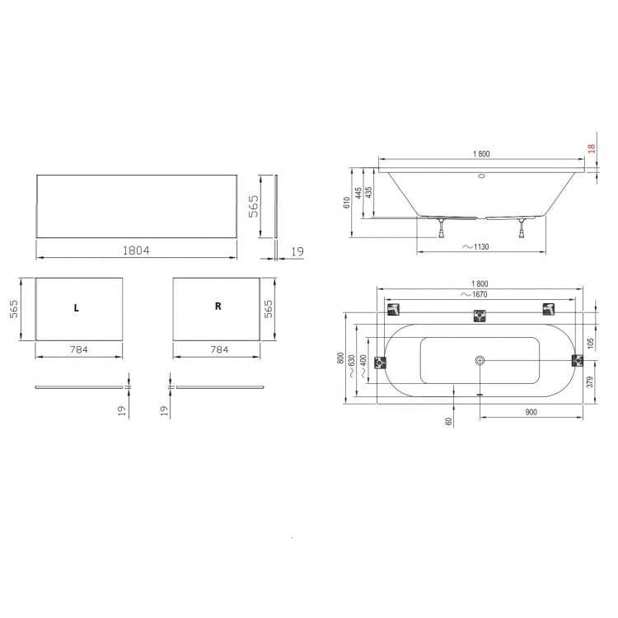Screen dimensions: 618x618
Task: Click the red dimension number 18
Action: (591, 149)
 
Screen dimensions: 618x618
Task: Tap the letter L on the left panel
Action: (76, 308)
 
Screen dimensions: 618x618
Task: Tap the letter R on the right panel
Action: (218, 306)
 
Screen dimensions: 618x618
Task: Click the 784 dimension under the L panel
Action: (78, 349)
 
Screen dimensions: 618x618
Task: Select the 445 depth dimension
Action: (358, 194)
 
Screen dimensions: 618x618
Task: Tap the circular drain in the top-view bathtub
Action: (480, 361)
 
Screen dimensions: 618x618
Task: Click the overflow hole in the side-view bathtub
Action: (481, 176)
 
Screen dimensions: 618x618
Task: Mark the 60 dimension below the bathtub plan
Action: (449, 420)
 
